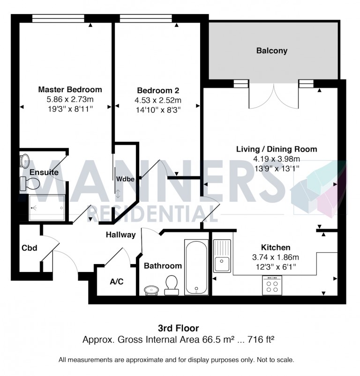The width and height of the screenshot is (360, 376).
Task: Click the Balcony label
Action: coord(272,51)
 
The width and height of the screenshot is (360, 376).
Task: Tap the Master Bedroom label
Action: coord(70,89)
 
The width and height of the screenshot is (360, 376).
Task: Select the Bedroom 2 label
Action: coord(158,90)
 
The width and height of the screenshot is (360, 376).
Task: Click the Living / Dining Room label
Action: coord(276,149)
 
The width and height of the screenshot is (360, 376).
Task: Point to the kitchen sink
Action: coord(222,256)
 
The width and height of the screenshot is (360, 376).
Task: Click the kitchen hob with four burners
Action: coord(272,285)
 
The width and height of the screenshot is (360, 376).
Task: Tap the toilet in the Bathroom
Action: coord(171,285)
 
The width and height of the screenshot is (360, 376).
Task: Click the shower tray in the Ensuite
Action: coord(46,207)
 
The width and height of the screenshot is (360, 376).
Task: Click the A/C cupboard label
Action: coord(116,282)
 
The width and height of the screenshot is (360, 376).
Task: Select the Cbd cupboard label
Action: coord(29,248)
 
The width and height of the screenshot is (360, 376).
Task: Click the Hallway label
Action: coord(120,235)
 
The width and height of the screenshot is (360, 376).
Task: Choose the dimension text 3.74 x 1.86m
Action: coord(276,257)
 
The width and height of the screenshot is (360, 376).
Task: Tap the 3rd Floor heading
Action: coord(180,328)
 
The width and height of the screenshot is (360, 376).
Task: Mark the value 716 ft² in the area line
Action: coord(259,339)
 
